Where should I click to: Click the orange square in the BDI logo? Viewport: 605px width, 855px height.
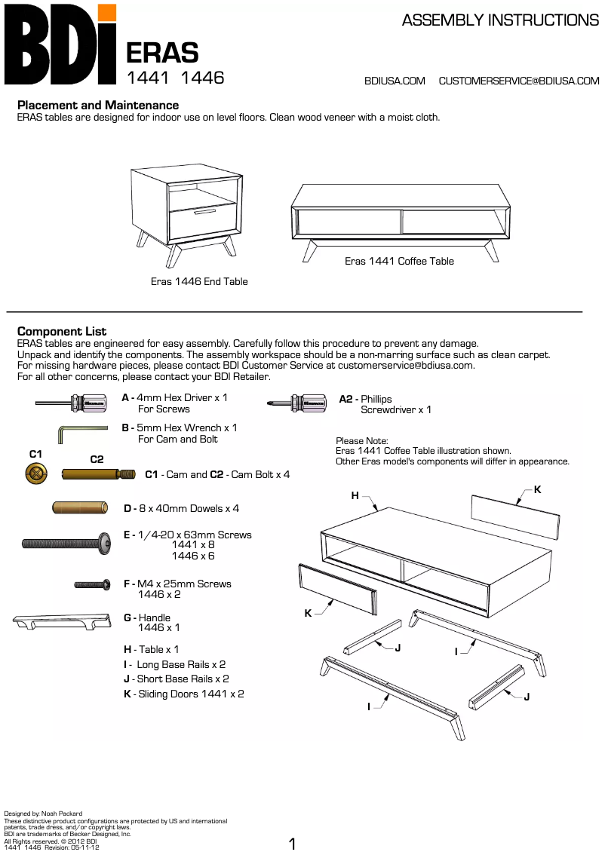[107, 13]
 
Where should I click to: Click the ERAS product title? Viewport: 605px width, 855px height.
[162, 53]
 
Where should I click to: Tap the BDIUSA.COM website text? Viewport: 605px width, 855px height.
[395, 81]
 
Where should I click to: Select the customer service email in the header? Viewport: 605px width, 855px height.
[519, 81]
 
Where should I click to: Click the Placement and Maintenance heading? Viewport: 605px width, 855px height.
[98, 106]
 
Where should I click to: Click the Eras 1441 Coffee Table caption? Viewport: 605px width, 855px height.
[399, 261]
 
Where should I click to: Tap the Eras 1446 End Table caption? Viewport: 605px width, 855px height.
[199, 281]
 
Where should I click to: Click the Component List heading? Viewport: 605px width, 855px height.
[62, 332]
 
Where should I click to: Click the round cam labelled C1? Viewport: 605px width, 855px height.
[35, 473]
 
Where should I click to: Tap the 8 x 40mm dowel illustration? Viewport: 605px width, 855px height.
[83, 508]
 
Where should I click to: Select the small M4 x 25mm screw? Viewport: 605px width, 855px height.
[93, 584]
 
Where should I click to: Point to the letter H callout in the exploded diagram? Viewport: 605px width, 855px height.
[355, 495]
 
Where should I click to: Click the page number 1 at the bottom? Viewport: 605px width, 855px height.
[293, 844]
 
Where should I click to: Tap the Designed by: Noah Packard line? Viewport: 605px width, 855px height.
[44, 814]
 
